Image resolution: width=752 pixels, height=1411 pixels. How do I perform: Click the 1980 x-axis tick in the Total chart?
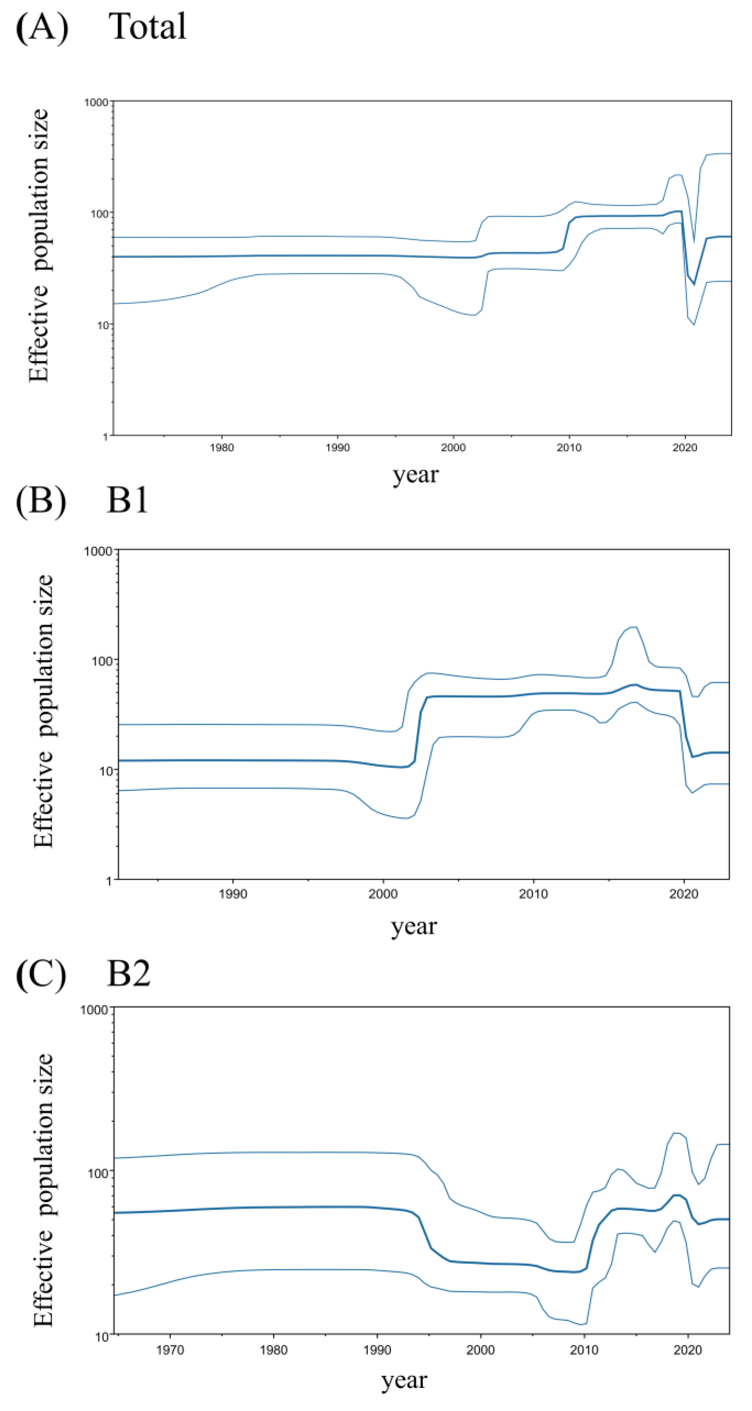221,447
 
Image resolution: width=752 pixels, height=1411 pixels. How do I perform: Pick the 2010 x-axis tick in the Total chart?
569,447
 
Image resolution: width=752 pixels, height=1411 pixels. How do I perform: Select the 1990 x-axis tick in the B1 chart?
233,894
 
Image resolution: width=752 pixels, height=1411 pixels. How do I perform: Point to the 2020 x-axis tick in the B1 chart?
683,894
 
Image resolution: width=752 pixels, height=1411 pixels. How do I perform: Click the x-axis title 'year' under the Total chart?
415,474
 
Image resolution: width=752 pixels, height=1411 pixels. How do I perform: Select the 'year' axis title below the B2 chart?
404,1380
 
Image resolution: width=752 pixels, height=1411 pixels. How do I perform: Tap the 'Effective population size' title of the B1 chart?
43,712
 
